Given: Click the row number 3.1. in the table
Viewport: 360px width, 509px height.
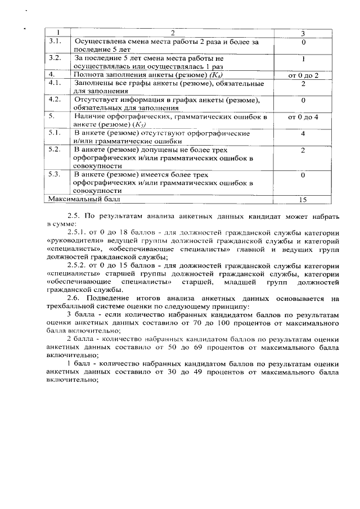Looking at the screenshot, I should [55, 42].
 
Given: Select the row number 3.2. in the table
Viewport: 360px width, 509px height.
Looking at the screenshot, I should [55, 58].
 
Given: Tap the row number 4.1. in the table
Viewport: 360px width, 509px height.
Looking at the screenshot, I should [55, 83].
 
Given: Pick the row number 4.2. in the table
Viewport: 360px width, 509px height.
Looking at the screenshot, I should [55, 100].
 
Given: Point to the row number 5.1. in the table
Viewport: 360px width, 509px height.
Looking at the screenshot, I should [55, 133].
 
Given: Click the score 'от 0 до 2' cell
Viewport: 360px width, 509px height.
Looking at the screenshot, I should [303, 75].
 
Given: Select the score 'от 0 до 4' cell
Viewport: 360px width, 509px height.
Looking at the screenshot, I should [303, 116].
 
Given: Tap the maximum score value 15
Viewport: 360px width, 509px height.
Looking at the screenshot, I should [303, 199].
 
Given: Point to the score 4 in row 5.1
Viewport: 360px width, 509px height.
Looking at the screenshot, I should [303, 133].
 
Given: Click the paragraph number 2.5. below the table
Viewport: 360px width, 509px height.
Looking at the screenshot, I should [75, 215].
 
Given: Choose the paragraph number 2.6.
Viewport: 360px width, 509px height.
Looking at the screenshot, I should [75, 297].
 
